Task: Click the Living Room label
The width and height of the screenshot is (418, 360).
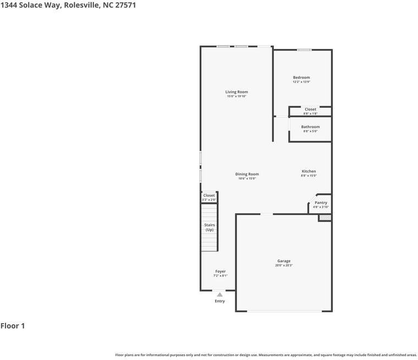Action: tap(237, 92)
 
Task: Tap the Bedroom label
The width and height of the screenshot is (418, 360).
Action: tap(301, 77)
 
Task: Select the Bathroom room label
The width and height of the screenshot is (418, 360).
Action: tap(310, 127)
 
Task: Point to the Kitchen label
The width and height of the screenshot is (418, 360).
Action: tap(309, 171)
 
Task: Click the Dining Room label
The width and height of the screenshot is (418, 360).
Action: tap(247, 174)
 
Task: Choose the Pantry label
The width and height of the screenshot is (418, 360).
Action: tap(321, 203)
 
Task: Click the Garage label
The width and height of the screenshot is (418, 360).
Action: tap(284, 261)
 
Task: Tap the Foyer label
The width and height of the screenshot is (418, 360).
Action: tap(220, 272)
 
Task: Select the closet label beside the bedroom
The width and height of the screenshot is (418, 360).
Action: tap(310, 109)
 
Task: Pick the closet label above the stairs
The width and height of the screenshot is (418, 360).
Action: tap(209, 196)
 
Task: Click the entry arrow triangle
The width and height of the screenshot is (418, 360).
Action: tap(220, 295)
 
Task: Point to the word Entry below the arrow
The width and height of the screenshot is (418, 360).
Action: tap(220, 301)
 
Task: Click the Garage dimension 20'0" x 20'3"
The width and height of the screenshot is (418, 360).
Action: tap(284, 266)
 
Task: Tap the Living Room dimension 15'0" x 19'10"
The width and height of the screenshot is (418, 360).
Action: tap(237, 97)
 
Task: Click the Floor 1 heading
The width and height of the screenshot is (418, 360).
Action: tap(13, 326)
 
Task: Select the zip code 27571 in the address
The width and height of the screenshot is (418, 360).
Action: tap(125, 5)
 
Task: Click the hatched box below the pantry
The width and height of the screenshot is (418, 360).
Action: tap(325, 218)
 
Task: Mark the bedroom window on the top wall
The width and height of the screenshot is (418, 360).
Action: tap(304, 50)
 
